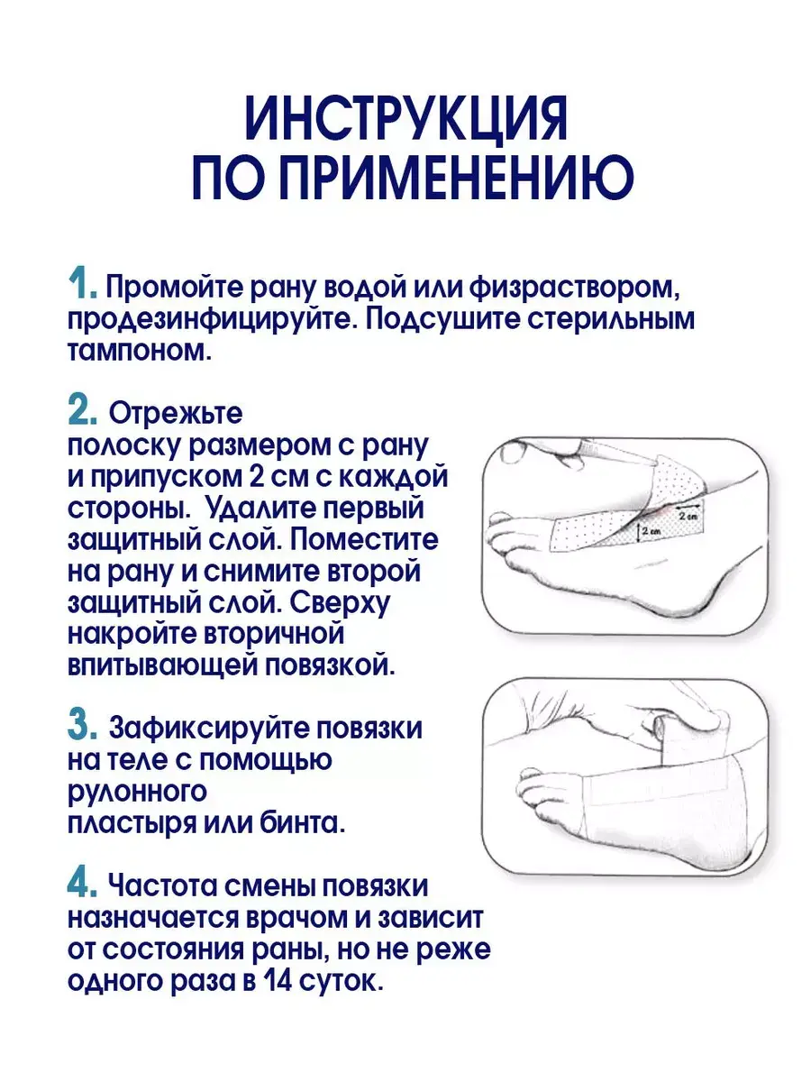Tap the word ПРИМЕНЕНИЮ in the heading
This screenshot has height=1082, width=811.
[460, 178]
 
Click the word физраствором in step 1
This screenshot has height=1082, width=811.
[574, 287]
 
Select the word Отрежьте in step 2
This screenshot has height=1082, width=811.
[176, 414]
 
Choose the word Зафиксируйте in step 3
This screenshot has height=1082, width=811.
[208, 728]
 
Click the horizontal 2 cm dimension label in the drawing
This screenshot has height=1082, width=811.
[688, 517]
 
